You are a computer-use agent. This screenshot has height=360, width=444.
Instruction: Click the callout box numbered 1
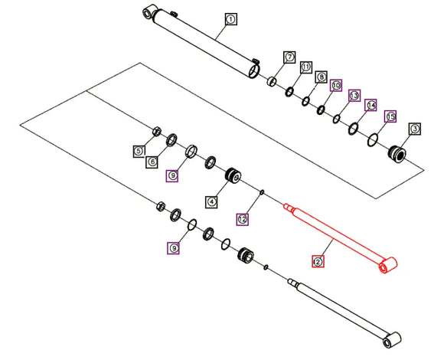(x=230, y=19)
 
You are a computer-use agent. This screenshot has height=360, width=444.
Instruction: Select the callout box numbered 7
(x=289, y=57)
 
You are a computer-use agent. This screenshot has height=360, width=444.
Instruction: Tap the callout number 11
(x=306, y=67)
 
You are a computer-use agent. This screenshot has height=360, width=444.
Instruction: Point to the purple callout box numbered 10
(x=336, y=85)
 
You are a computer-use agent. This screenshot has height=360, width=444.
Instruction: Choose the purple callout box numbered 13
(x=354, y=96)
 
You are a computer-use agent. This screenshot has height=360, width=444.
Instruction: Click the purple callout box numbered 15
(x=390, y=116)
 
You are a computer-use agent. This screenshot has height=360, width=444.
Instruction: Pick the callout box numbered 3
(x=415, y=129)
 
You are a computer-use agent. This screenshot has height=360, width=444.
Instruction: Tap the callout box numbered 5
(x=139, y=151)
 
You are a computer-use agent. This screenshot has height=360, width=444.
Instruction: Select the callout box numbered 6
(x=152, y=162)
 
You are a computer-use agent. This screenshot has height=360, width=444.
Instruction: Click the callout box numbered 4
(x=211, y=202)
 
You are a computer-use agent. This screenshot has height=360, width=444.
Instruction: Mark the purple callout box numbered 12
(x=243, y=219)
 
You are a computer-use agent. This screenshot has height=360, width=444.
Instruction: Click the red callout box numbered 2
(x=318, y=261)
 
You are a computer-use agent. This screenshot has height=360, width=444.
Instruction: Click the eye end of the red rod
(x=388, y=265)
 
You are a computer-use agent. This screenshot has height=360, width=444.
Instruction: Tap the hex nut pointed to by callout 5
(x=157, y=131)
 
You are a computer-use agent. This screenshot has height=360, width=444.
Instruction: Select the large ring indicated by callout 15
(x=373, y=140)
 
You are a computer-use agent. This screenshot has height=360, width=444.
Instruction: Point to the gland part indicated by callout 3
(x=397, y=154)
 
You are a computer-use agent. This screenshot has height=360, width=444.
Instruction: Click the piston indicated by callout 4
(x=233, y=175)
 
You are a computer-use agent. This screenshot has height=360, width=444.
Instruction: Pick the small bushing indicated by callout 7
(x=272, y=81)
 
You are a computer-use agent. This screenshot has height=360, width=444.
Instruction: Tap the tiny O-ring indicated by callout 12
(x=262, y=192)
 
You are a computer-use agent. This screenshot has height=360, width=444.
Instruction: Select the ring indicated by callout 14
(x=353, y=129)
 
